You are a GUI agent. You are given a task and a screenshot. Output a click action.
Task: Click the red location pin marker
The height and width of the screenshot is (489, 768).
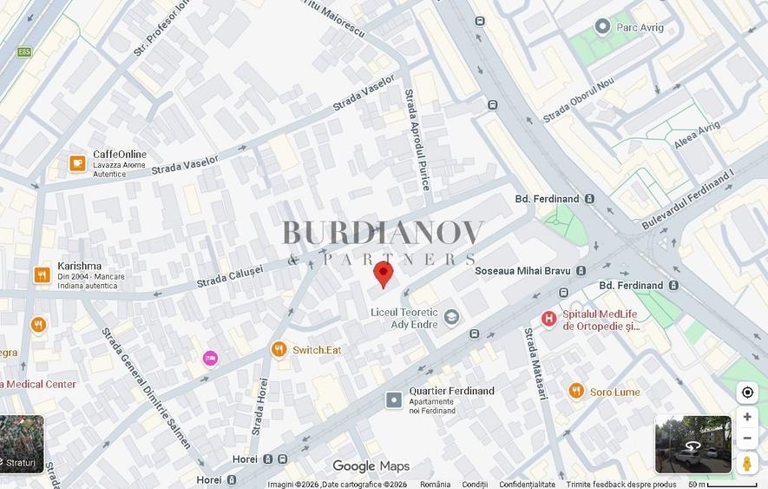click(x=383, y=274)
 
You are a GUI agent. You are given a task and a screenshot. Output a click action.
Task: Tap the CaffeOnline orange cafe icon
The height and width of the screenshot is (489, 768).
click(x=77, y=163)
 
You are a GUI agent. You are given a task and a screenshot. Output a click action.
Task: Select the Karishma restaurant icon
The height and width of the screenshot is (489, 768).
click(x=42, y=275)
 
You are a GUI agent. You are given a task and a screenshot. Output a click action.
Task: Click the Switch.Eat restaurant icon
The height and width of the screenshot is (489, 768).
click(x=279, y=349)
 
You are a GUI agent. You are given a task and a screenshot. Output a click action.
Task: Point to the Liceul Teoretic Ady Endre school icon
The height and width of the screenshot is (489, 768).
click(x=451, y=317)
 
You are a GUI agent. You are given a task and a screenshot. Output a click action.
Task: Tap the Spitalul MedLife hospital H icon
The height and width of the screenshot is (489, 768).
click(x=548, y=319)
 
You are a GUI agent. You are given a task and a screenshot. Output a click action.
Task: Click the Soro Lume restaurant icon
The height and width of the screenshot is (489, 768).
click(x=576, y=391)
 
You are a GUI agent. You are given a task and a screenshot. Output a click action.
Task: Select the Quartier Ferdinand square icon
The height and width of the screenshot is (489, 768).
click(x=394, y=400)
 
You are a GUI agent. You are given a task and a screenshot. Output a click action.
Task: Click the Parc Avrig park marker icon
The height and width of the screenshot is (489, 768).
click(x=602, y=27)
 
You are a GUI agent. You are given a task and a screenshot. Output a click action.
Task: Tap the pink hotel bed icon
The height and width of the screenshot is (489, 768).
click(x=210, y=358)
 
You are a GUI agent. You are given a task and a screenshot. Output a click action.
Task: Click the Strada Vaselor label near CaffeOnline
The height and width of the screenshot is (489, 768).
click(x=185, y=160)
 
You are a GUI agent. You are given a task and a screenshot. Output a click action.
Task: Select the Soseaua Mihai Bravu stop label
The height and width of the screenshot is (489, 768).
click(x=522, y=271)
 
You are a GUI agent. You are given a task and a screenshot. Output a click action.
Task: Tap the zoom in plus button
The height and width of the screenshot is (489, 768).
click(x=746, y=417)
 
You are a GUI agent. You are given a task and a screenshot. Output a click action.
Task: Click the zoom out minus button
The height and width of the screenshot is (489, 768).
click(x=746, y=439)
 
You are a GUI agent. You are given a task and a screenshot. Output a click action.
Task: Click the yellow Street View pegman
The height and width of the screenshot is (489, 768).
click(x=746, y=464)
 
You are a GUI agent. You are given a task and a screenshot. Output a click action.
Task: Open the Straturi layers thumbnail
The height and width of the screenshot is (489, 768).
click(x=22, y=444)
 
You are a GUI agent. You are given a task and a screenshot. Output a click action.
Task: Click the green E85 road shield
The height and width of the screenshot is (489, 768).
click(x=23, y=52)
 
